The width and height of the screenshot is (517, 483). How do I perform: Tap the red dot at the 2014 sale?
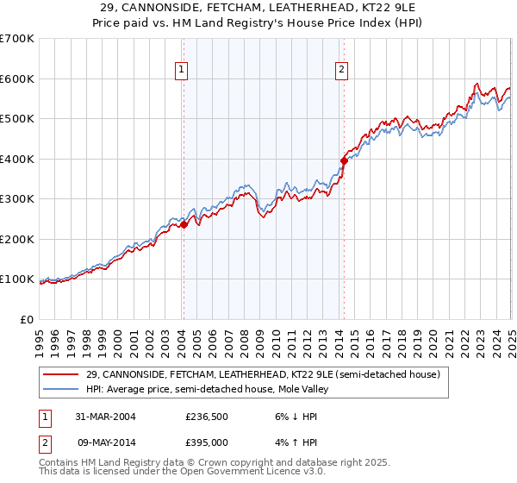pos(344,160)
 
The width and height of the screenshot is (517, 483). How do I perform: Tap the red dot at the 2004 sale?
pos(184,224)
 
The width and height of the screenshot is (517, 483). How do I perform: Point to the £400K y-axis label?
pos(17,159)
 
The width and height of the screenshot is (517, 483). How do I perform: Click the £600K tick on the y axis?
pos(17,78)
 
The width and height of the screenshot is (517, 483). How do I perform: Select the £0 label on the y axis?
pos(28,319)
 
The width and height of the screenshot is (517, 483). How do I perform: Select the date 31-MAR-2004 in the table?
pos(103,416)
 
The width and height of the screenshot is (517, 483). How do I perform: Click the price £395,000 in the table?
pos(207,442)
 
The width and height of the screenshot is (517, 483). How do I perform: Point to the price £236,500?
pos(207,416)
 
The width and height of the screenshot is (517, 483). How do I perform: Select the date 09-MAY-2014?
pos(103,442)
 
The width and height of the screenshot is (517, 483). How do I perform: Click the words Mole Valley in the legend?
pos(301,389)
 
